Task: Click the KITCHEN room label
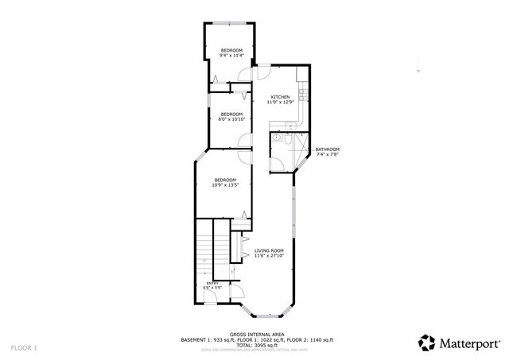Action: click(279, 97)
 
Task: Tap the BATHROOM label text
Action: click(327, 149)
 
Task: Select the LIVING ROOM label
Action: click(269, 250)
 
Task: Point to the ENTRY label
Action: click(212, 283)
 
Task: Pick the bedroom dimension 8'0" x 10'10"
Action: click(231, 119)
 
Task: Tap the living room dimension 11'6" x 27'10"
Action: click(269, 256)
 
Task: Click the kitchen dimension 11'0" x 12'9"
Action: click(279, 103)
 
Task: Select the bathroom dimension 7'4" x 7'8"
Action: click(327, 155)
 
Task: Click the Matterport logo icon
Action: click(427, 343)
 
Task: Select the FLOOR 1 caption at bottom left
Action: click(24, 348)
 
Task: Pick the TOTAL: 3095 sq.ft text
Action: click(254, 345)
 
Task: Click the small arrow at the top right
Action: click(418, 72)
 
